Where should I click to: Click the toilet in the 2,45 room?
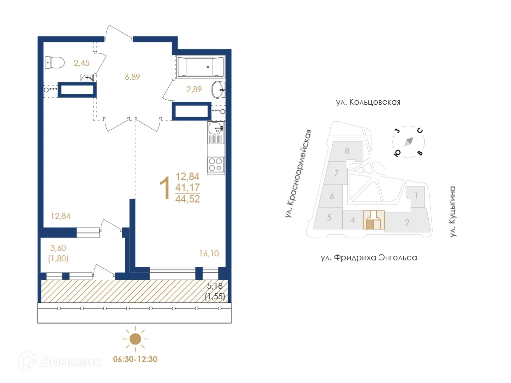(x=55, y=62)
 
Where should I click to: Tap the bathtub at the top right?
(x=200, y=66)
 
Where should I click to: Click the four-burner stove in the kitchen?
(x=216, y=164)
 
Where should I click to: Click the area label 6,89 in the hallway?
(x=132, y=77)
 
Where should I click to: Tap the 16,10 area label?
(x=209, y=253)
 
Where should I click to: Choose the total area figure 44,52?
(x=188, y=198)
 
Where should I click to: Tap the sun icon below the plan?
(x=135, y=339)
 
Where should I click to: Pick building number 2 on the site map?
(x=407, y=222)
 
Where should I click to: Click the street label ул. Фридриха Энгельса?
(x=368, y=258)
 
